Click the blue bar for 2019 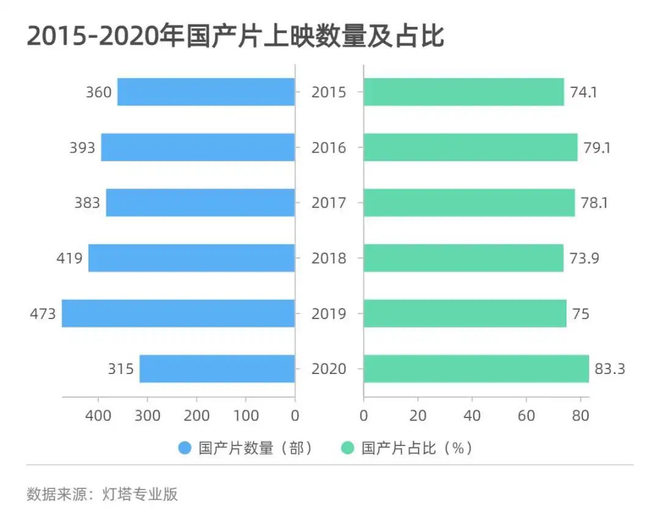click(178, 313)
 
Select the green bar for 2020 click(476, 369)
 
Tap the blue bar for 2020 click(217, 369)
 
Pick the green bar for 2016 click(470, 147)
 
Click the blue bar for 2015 click(206, 92)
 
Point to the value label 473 click(43, 313)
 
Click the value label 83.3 click(609, 369)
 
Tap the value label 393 click(82, 147)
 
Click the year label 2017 click(329, 203)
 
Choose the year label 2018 click(329, 258)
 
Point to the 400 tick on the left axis click(98, 416)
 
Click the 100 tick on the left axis click(246, 416)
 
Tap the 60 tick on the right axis click(526, 416)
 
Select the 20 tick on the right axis click(418, 416)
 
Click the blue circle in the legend click(185, 448)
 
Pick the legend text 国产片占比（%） click(416, 448)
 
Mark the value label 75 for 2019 click(581, 313)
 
